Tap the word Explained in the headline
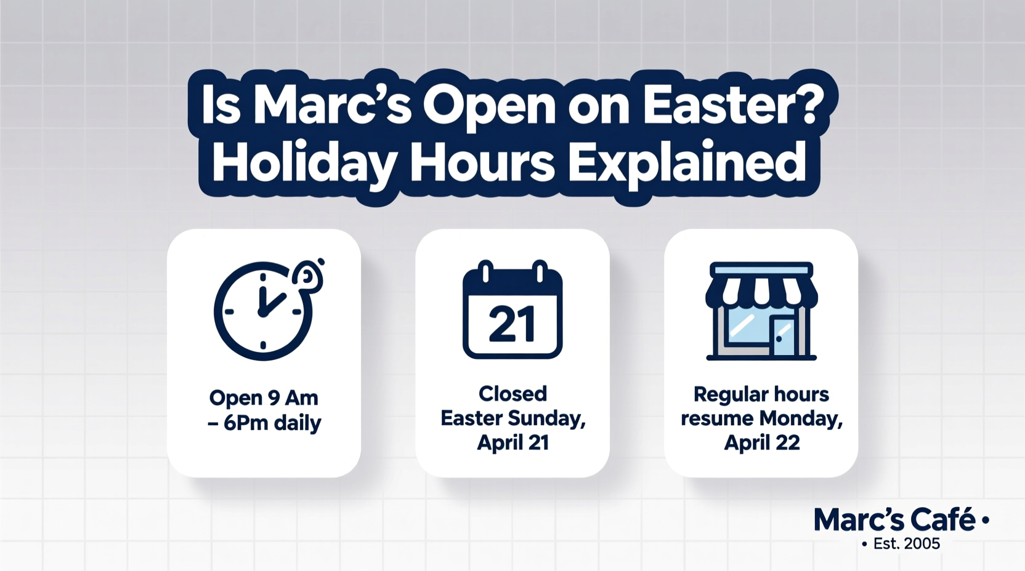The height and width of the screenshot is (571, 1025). point(686,162)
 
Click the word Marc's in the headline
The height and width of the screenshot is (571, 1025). point(333,105)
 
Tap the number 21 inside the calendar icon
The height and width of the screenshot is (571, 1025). point(512,325)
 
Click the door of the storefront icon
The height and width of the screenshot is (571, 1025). point(783,336)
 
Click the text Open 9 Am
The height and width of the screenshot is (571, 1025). point(264,398)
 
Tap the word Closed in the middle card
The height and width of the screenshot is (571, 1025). point(512,394)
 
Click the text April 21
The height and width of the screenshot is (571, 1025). point(512,442)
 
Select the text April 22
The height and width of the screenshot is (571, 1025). point(761,442)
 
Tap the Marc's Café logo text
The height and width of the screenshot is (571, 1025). point(894,520)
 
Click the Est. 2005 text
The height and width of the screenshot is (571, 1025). point(906,544)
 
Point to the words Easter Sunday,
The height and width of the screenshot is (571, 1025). point(512,418)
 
